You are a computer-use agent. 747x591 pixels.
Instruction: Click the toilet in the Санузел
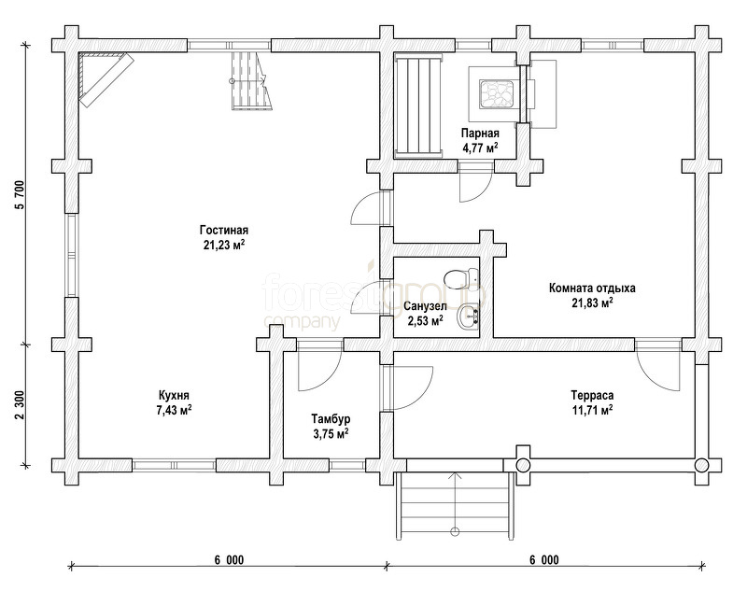coord(460,277)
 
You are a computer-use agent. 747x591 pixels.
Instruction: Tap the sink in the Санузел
coord(468,317)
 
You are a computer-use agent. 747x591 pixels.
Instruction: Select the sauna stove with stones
coord(495,93)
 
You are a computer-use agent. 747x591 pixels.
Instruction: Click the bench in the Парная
coord(417,106)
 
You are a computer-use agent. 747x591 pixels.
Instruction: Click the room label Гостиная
coord(224,231)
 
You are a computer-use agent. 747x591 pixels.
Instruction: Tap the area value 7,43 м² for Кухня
coord(175,410)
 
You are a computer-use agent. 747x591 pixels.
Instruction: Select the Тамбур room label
coord(331,419)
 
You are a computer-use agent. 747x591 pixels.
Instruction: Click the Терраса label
coord(592,395)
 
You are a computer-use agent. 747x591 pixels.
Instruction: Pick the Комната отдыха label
coord(592,288)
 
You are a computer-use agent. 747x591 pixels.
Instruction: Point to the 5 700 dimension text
coord(20,196)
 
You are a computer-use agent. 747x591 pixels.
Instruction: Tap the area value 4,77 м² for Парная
coord(480,148)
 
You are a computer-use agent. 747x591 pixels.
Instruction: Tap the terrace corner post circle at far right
coord(701,465)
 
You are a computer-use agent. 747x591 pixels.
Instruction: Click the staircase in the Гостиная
coord(251,81)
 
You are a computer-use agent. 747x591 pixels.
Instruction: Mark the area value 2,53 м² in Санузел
coord(425,320)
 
